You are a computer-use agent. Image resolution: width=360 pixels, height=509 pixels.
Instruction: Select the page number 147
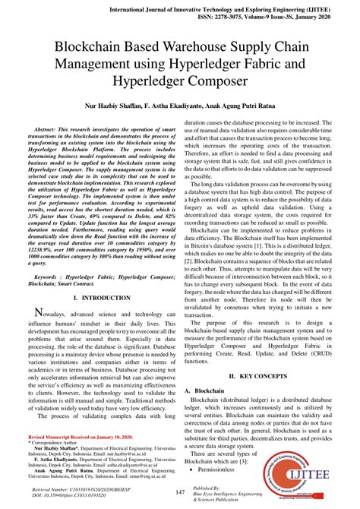[179, 493]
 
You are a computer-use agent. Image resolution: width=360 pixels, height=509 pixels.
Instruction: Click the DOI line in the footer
[73, 499]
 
